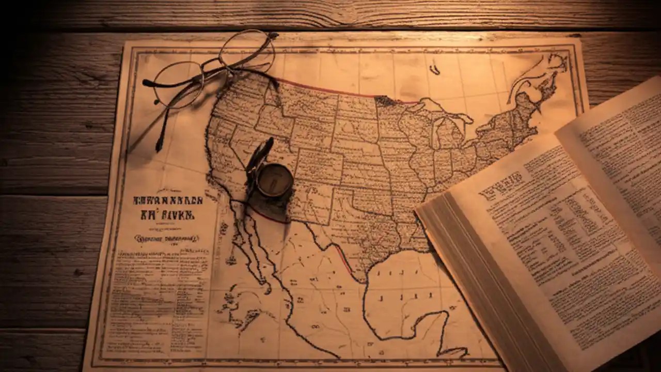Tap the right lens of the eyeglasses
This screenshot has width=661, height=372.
246,52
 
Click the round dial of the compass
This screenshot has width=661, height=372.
275,180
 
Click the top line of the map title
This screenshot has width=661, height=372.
168,200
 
